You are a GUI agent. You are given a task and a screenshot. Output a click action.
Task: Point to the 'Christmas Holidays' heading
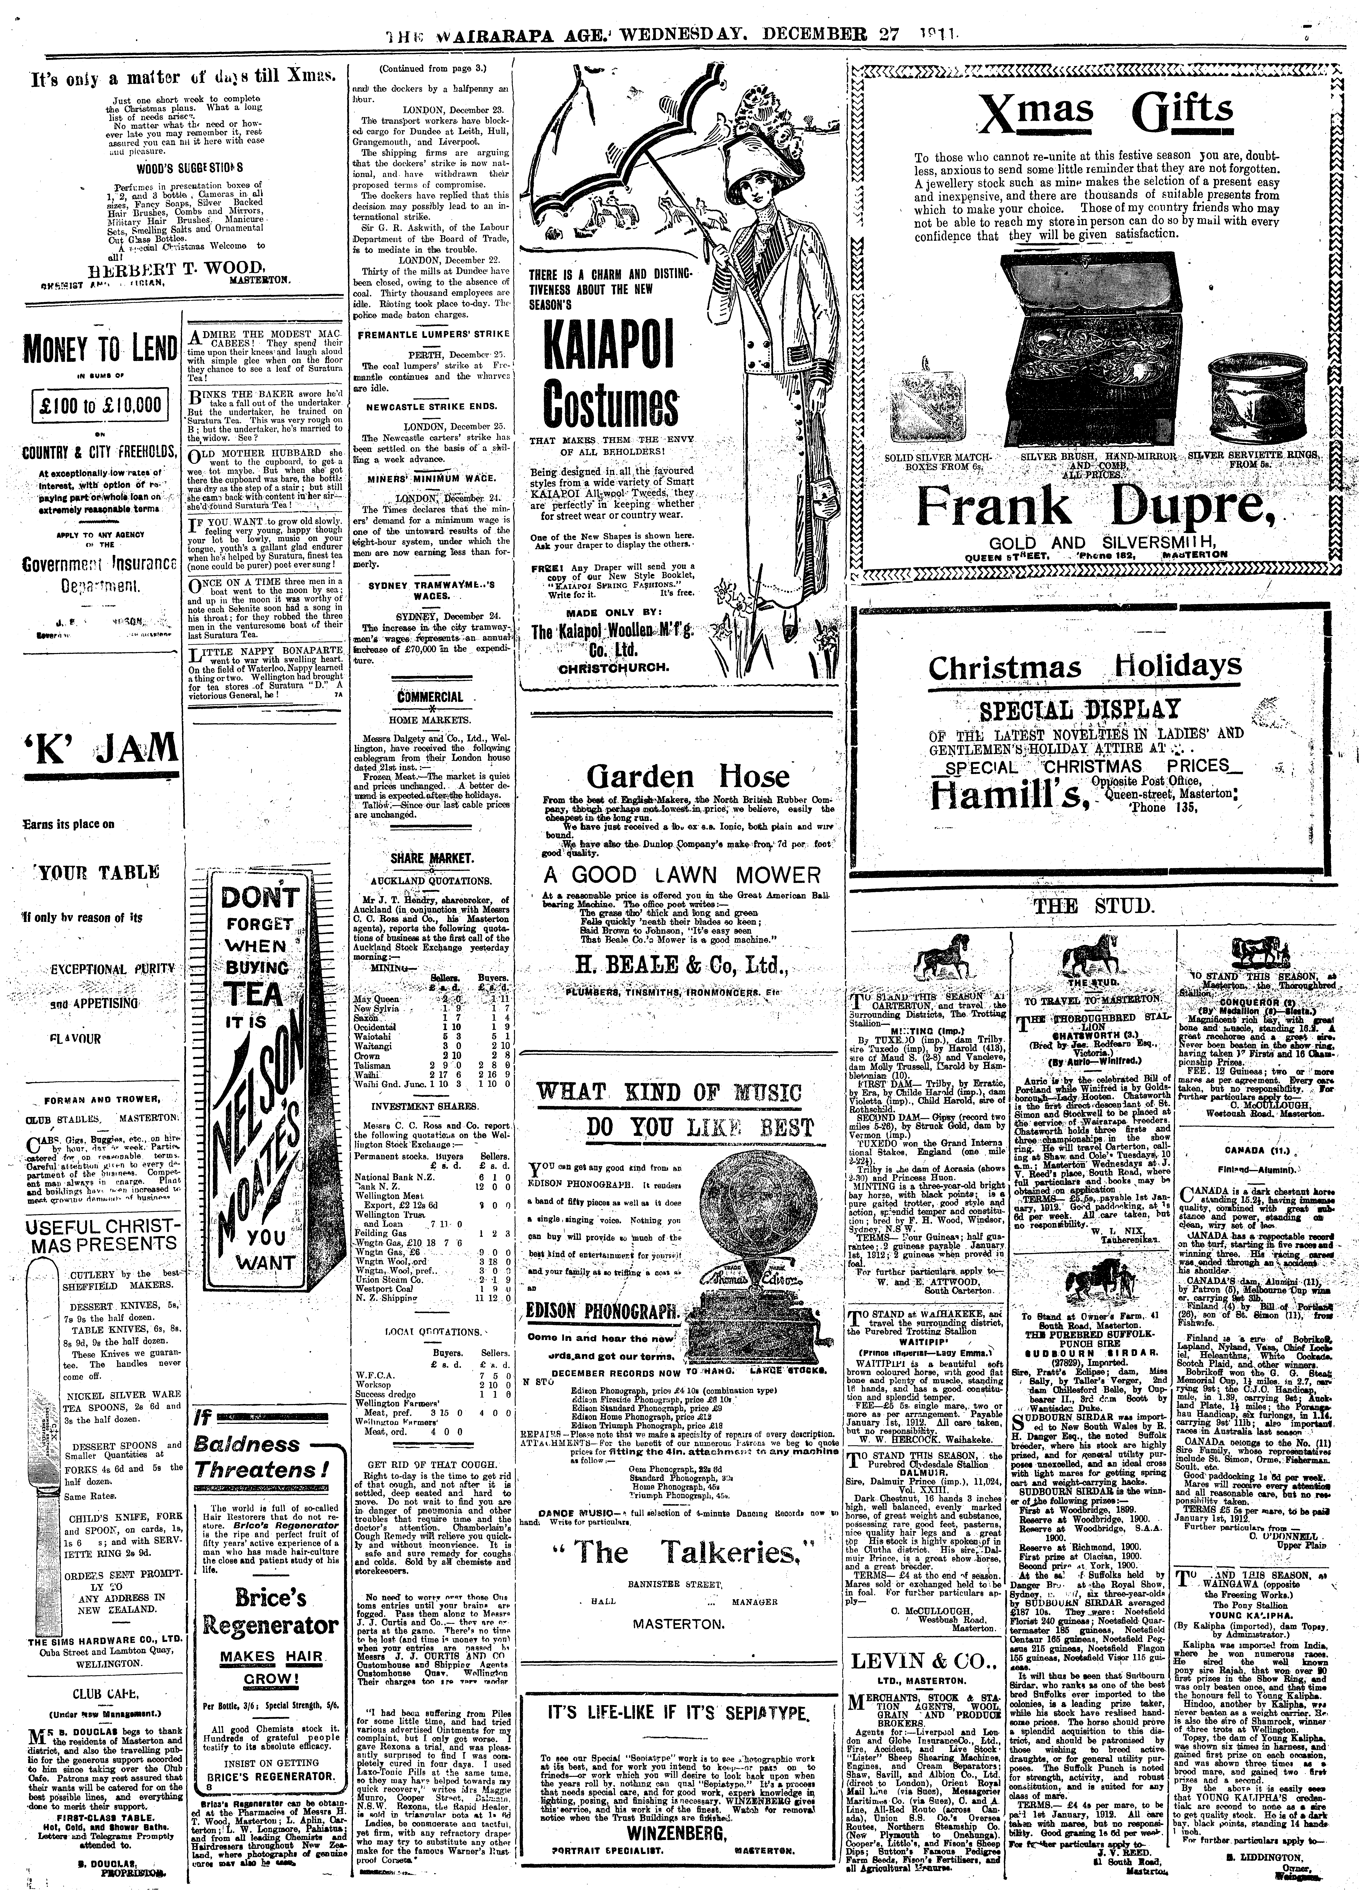tap(1085, 667)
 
